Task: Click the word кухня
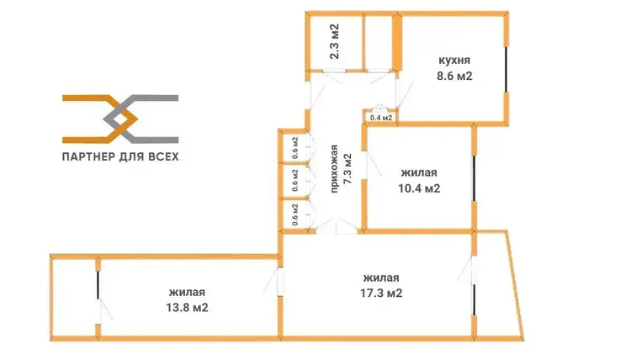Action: (x=454, y=61)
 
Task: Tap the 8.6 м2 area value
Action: (x=454, y=76)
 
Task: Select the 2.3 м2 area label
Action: (x=334, y=41)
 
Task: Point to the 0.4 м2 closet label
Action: (x=381, y=118)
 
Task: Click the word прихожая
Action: (x=334, y=169)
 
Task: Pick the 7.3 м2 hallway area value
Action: (x=347, y=169)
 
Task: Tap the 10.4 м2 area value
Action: (x=419, y=188)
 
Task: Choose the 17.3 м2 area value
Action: (x=381, y=293)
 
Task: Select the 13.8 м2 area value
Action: (x=187, y=308)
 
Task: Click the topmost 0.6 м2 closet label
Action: (x=295, y=148)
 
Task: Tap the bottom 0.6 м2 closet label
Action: (x=295, y=214)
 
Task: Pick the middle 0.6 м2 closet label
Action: (x=295, y=180)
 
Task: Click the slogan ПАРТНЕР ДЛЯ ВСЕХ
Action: (x=120, y=156)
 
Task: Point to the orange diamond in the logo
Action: (x=120, y=119)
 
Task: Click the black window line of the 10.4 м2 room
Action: (x=474, y=178)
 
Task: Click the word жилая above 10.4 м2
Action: (x=419, y=173)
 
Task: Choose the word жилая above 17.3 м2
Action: (x=381, y=278)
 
